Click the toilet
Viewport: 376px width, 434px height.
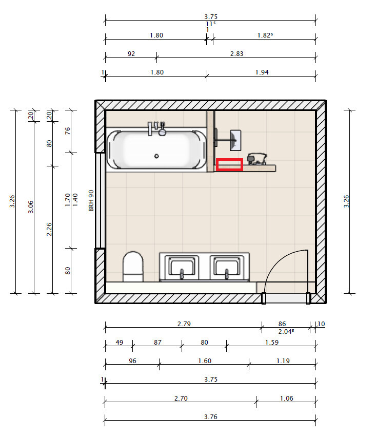(133, 267)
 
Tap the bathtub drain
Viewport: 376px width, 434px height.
(156, 156)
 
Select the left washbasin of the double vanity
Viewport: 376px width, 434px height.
(182, 268)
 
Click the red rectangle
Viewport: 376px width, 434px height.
(229, 164)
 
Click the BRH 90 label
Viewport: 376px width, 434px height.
(91, 201)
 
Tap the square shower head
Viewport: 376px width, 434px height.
(235, 140)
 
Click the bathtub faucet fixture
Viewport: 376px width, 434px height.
(156, 129)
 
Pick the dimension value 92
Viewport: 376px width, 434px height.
(131, 54)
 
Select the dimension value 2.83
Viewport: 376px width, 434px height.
(237, 54)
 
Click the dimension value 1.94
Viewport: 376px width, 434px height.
(262, 72)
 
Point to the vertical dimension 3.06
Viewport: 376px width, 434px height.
(31, 207)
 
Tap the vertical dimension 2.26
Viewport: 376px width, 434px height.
(49, 229)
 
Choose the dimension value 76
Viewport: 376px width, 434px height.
(68, 131)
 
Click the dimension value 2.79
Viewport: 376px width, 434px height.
(184, 324)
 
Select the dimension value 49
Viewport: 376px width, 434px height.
(120, 343)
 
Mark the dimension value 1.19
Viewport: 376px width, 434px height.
(283, 361)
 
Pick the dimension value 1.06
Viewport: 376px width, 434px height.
(287, 398)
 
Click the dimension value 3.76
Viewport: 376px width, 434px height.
(211, 417)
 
